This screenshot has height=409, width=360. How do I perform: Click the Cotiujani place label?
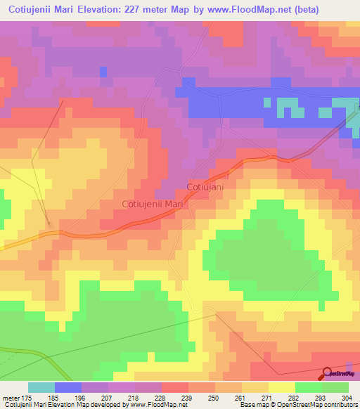tap(205, 187)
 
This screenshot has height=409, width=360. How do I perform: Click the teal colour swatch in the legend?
tap(41, 387)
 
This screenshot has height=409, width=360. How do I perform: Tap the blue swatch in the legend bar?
tap(68, 387)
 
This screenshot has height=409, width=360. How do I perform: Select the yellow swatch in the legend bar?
tap(282, 387)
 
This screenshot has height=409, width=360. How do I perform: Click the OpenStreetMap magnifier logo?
tap(328, 374)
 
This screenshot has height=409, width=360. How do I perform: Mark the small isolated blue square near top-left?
tap(103, 72)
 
